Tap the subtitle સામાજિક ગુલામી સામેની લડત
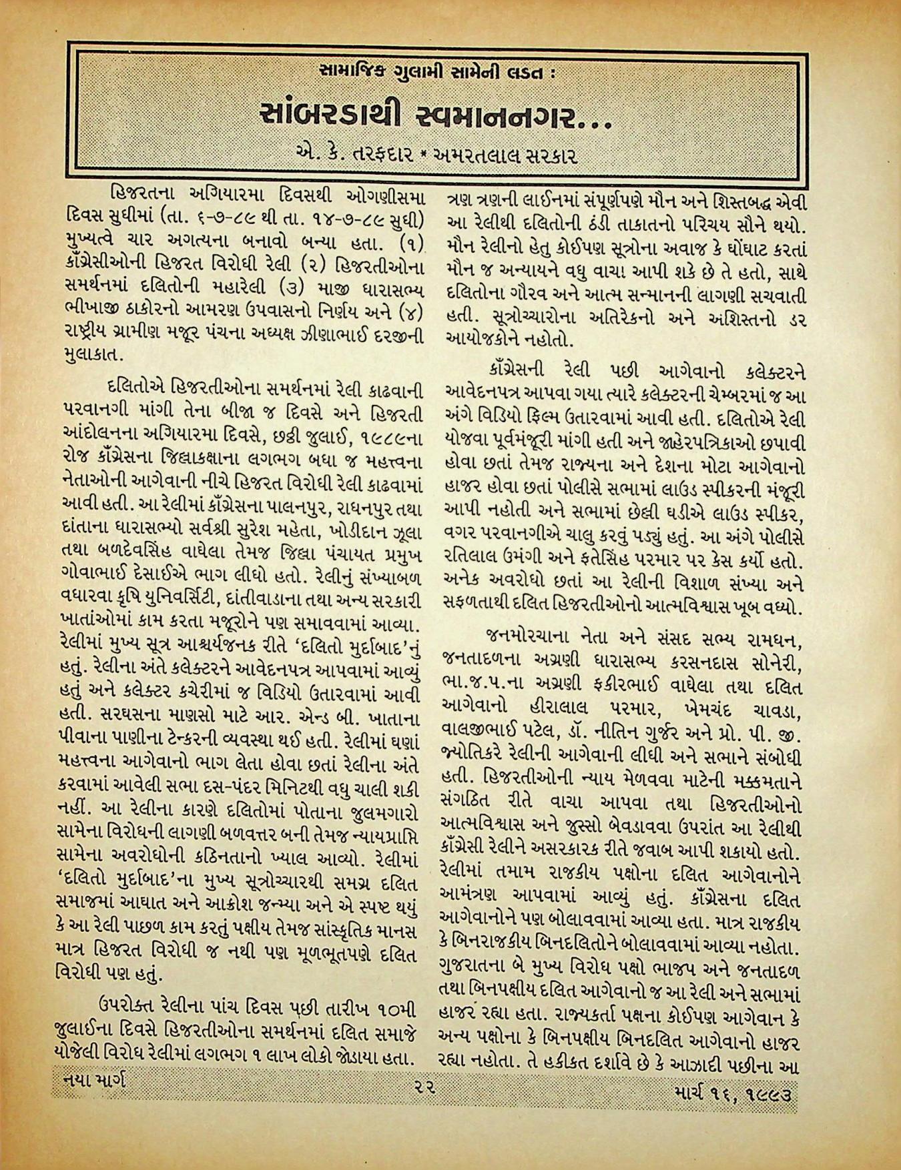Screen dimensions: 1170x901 click(441, 69)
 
